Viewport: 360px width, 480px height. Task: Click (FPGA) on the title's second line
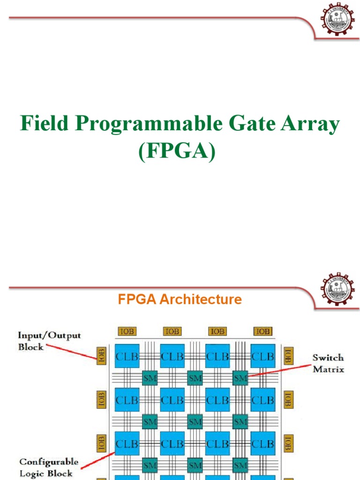(x=177, y=152)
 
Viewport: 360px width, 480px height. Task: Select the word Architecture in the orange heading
(x=201, y=300)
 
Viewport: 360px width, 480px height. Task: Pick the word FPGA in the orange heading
(x=137, y=300)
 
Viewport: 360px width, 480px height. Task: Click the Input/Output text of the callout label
(x=49, y=336)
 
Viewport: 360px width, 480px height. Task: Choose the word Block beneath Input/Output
(x=31, y=347)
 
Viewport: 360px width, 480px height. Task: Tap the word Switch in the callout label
(x=328, y=358)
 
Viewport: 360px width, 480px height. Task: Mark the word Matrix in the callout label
(x=328, y=369)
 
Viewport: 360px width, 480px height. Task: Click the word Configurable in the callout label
(x=49, y=462)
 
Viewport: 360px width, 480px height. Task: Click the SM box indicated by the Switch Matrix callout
(x=240, y=377)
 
